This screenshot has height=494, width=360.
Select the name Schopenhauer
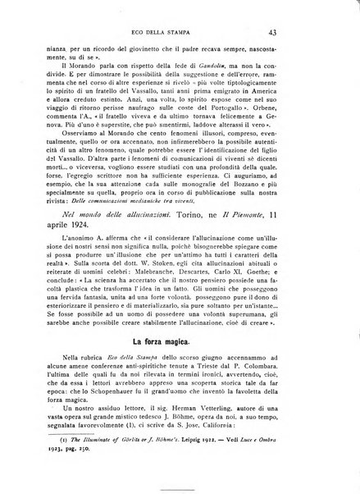[162, 396]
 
